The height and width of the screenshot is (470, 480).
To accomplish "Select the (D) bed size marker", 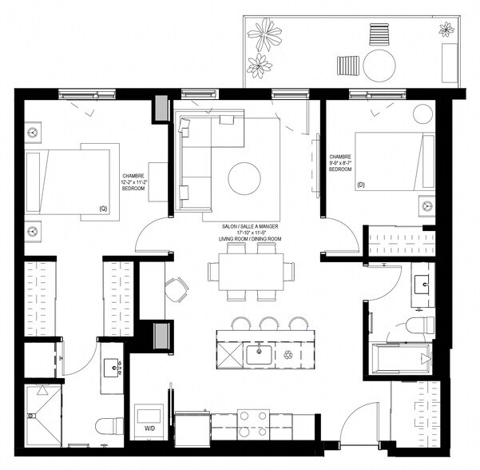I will point(361,185).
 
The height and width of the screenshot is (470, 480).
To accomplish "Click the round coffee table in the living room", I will point(244,178).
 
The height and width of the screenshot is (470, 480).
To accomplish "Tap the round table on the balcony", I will point(380,63).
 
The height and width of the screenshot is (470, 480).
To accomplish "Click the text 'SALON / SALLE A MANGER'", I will point(251,226).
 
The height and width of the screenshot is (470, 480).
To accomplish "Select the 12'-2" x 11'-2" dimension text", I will point(134,182).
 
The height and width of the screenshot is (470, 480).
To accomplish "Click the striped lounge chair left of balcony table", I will point(348,64).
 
